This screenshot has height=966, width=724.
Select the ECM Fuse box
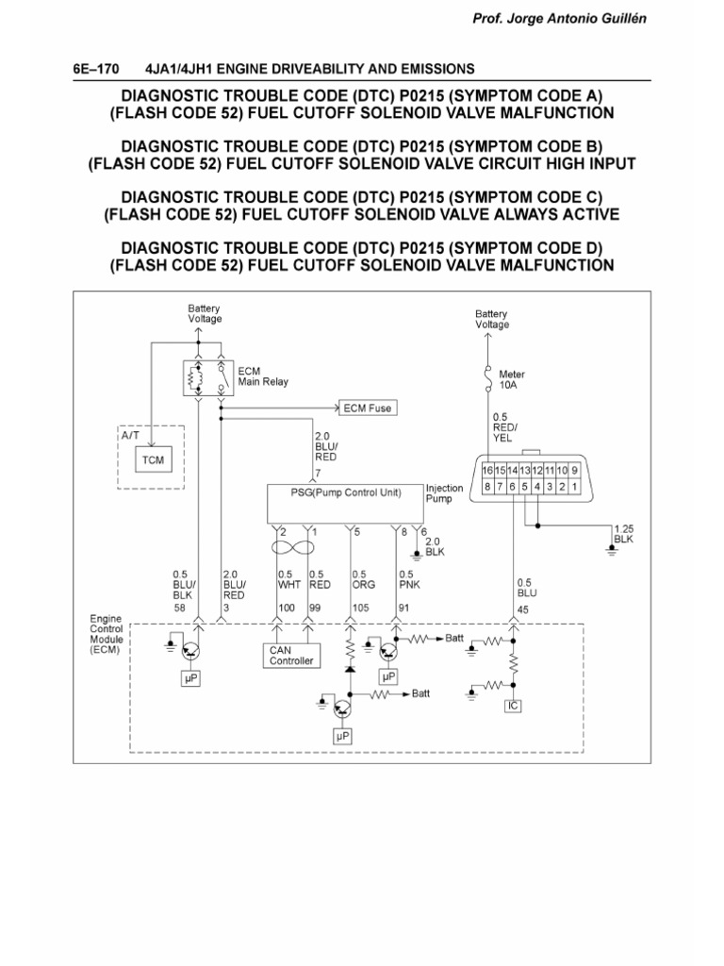tap(367, 408)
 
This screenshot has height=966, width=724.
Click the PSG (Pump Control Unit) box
tap(344, 492)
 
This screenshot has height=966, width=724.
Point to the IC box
tap(513, 705)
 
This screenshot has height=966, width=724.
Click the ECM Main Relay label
tap(263, 376)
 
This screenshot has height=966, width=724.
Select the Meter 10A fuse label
tap(512, 379)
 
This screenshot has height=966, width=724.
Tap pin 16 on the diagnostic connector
tap(487, 470)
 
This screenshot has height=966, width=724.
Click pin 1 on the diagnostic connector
tap(573, 487)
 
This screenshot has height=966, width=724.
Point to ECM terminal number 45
tap(524, 608)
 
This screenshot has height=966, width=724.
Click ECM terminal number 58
tap(178, 608)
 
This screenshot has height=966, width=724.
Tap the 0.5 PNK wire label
tap(406, 579)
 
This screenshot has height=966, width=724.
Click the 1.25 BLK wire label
tap(623, 534)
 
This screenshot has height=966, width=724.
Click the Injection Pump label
tap(444, 493)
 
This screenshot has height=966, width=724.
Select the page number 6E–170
tap(99, 69)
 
